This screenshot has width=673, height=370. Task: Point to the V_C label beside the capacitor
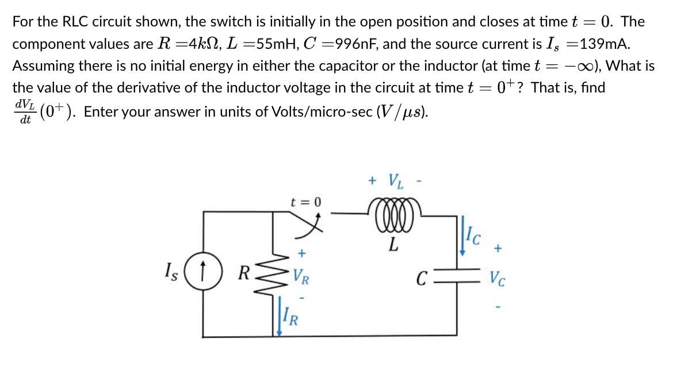tap(498, 279)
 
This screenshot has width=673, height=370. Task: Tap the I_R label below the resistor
tap(290, 316)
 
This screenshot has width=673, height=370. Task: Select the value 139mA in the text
tap(601, 44)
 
